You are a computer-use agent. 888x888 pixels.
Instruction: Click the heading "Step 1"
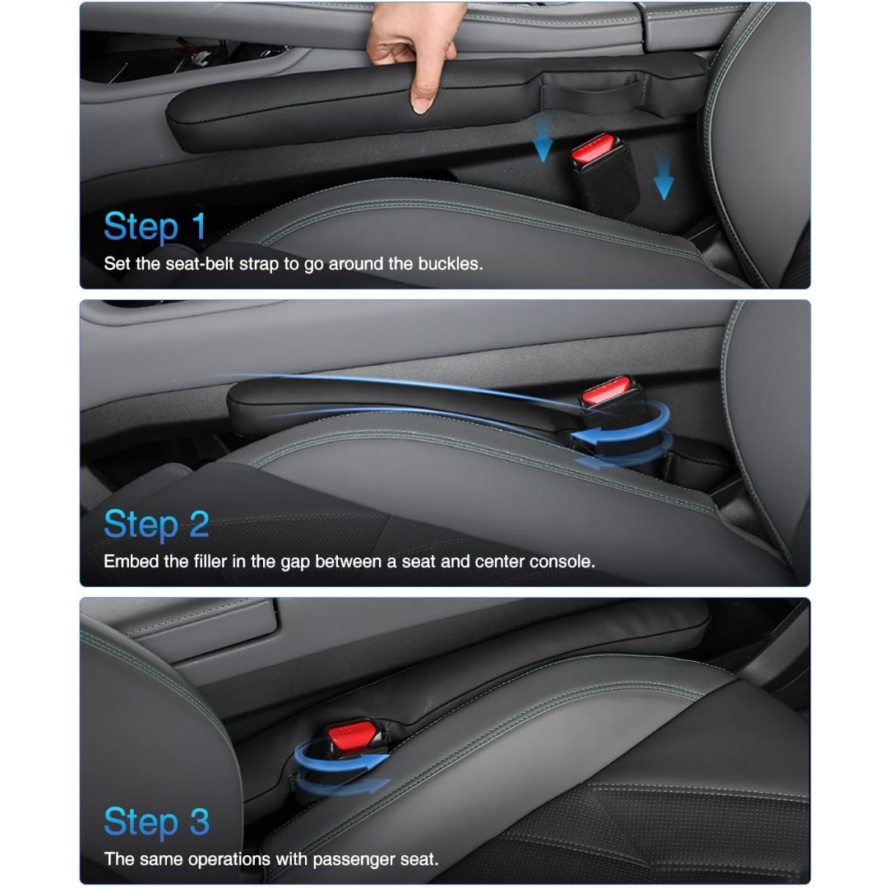pos(155,227)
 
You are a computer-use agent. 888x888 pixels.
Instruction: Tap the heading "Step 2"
pos(156,525)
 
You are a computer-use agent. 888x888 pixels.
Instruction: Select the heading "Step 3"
pos(157,822)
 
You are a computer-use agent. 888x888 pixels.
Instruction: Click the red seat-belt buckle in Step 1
pos(593,148)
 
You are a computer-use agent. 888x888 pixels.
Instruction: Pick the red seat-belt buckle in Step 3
pos(352,735)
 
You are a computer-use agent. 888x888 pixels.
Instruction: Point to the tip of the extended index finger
pos(421,109)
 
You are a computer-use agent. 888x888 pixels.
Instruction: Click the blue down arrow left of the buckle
pos(543,137)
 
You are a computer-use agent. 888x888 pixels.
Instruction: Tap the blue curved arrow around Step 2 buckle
pos(623,436)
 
